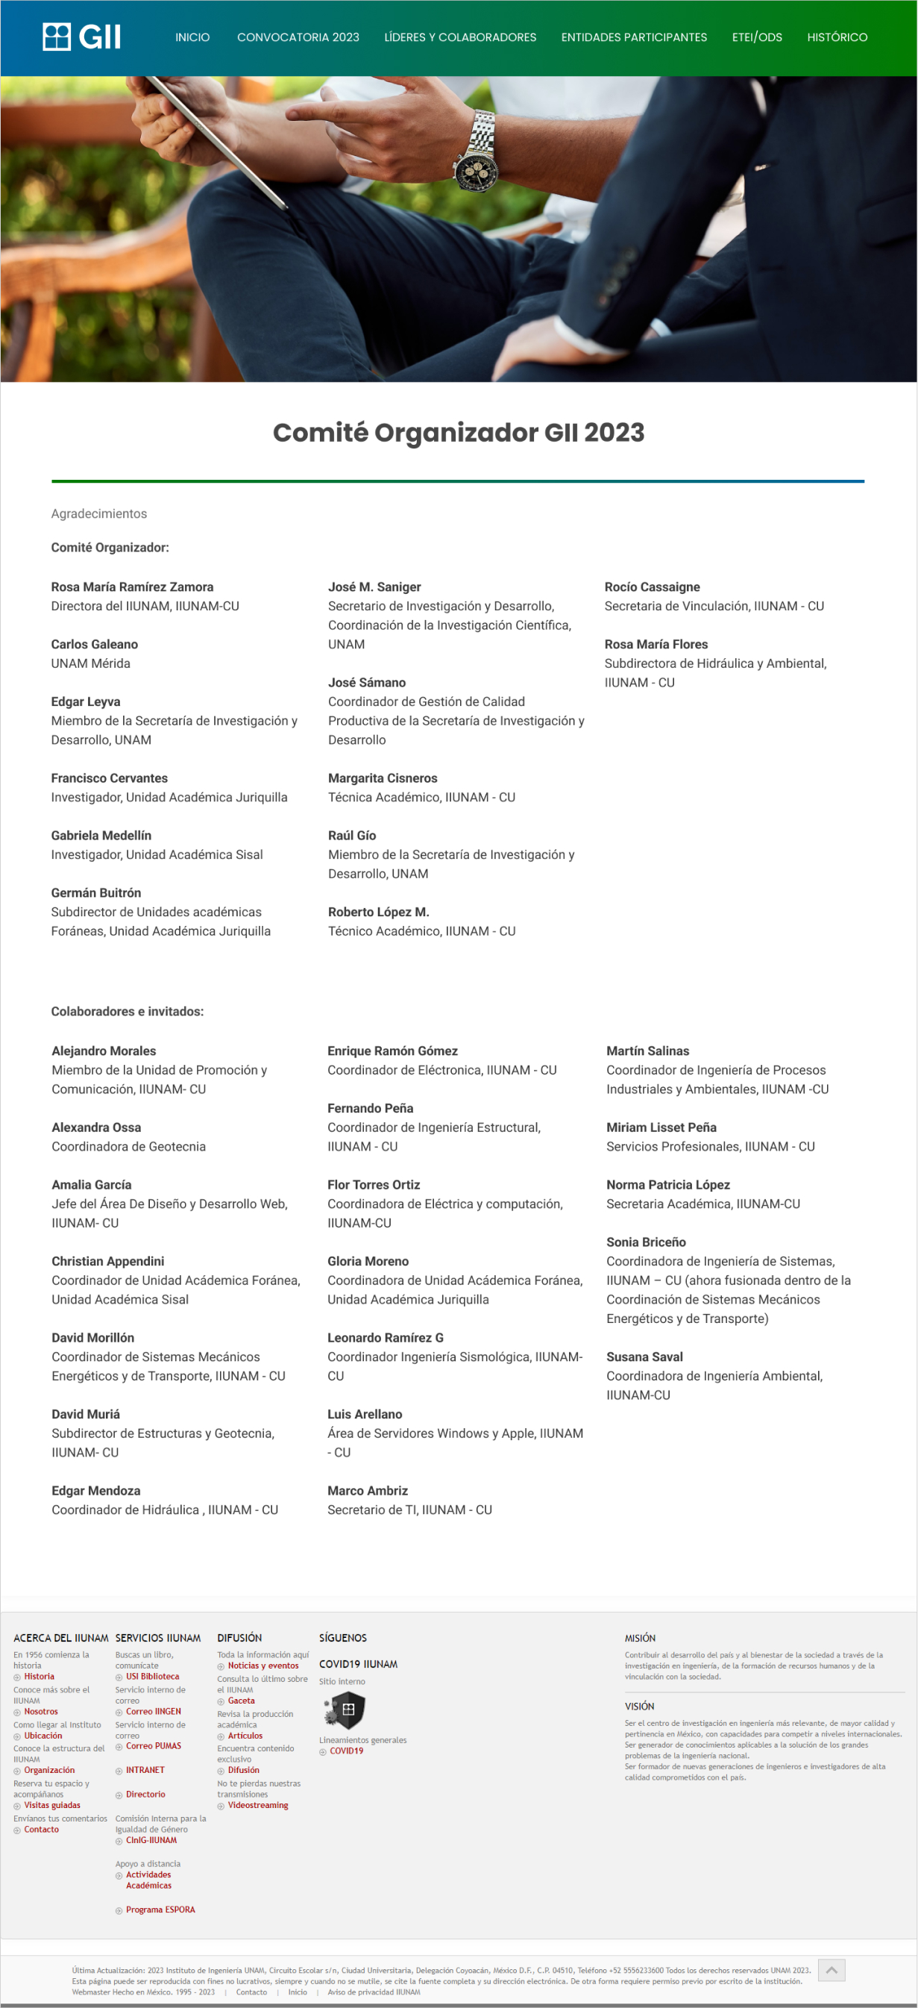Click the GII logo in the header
click(82, 37)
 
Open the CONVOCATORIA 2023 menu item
click(298, 37)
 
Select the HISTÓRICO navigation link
click(836, 37)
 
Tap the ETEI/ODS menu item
click(756, 37)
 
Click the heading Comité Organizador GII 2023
click(458, 433)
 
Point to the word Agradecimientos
click(99, 513)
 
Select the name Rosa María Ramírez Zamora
click(132, 587)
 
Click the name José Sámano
click(366, 682)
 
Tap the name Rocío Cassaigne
click(652, 587)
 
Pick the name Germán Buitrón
click(96, 892)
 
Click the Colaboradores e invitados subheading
click(127, 1011)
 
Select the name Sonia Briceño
click(645, 1242)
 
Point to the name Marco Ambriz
click(367, 1490)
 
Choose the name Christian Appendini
click(107, 1261)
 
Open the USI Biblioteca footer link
click(152, 1677)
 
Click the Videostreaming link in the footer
click(257, 1805)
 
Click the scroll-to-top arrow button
click(831, 1970)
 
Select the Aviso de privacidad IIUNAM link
click(374, 1992)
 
